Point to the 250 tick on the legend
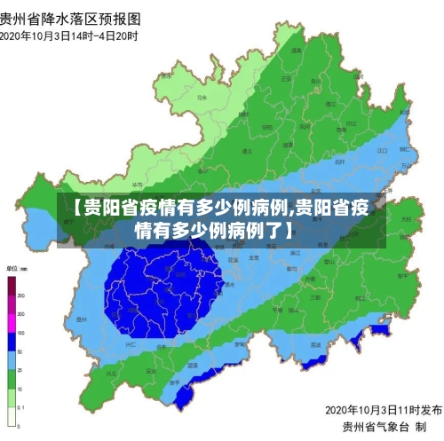[23, 295]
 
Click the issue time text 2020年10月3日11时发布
[383, 409]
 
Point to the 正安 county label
[284, 79]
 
